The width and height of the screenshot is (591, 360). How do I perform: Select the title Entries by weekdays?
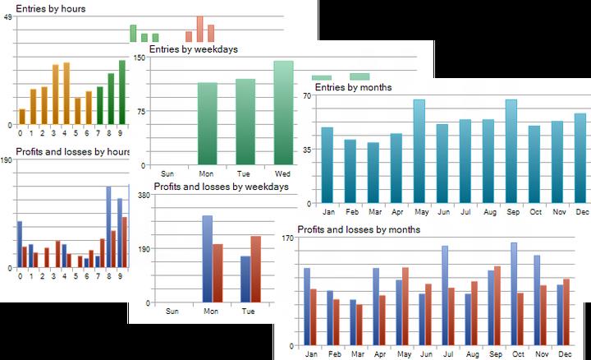tap(193, 49)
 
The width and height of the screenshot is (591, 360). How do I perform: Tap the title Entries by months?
tap(353, 87)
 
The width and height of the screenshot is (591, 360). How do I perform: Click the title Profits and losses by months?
tap(359, 229)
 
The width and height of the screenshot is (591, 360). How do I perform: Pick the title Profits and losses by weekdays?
tap(221, 187)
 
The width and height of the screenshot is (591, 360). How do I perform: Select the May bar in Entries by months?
tap(419, 152)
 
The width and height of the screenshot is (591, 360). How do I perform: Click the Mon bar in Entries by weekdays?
tap(207, 123)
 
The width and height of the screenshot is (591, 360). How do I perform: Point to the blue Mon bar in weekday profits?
tap(207, 259)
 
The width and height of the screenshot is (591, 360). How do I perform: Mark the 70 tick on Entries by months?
tap(305, 95)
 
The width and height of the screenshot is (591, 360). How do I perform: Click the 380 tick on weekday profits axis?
tap(144, 196)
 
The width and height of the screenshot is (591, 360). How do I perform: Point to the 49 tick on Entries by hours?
tap(7, 17)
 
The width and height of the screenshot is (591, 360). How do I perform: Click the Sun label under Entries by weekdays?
tap(168, 173)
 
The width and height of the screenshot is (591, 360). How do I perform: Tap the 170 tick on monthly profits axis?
tap(287, 238)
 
